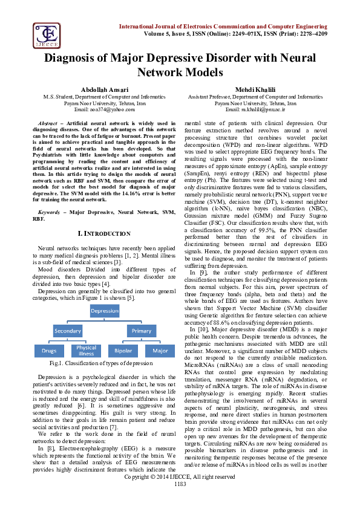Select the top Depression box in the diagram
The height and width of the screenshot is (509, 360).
tap(105, 311)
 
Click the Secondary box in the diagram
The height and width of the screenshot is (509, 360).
tap(67, 331)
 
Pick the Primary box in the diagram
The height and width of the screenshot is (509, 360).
tap(142, 331)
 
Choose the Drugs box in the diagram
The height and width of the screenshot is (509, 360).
tap(50, 351)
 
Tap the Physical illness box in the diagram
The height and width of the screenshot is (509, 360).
tap(86, 351)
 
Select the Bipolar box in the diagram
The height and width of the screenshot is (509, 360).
tap(123, 351)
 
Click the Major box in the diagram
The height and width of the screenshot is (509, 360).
tap(160, 351)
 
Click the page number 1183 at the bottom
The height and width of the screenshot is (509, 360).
tap(180, 501)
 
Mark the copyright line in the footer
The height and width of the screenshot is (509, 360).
tap(180, 494)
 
